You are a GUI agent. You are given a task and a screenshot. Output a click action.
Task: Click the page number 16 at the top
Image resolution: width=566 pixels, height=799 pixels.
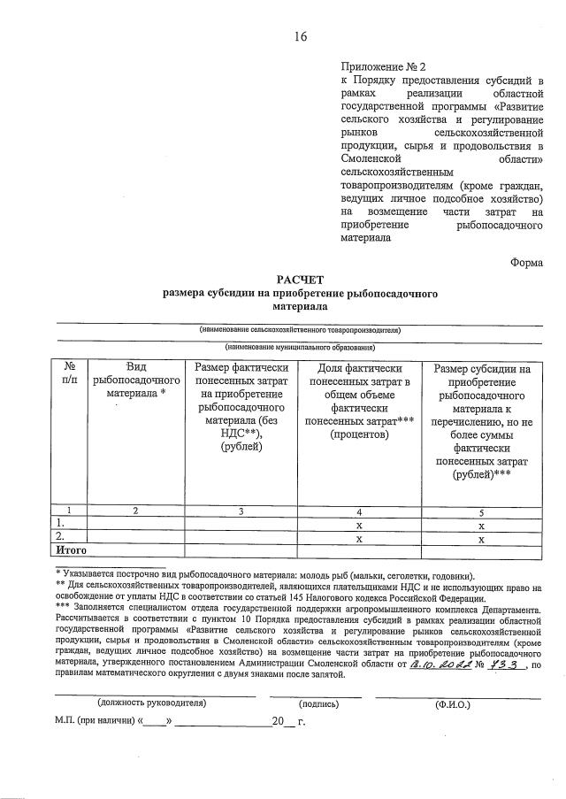coord(301,36)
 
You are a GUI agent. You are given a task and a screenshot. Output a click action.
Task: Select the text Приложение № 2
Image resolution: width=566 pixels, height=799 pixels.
coord(383,67)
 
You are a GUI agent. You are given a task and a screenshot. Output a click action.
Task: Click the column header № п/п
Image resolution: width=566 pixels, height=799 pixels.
coord(71,373)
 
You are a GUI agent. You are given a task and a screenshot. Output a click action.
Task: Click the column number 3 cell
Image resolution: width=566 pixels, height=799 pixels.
coord(241,511)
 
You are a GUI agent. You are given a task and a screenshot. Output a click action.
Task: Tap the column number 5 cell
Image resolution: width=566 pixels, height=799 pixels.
coord(482,511)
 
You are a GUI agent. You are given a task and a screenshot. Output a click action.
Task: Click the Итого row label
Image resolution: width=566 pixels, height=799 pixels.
coord(72,549)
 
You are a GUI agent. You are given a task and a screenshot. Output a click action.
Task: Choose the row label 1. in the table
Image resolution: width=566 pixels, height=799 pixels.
coord(60,524)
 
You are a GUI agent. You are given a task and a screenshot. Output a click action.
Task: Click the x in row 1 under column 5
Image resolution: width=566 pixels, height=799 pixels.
coord(482,524)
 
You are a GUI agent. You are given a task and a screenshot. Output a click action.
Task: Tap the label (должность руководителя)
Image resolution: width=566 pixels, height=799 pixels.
coord(151,703)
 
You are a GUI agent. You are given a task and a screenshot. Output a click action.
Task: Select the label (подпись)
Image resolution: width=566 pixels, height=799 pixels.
coord(319,703)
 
